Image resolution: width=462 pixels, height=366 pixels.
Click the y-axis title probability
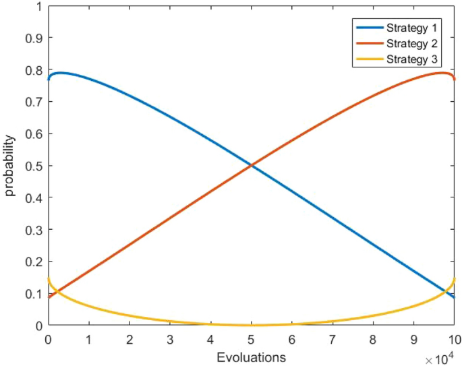9,166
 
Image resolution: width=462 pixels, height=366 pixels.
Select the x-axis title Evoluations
251,357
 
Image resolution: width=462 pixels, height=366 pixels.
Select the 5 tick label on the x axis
251,338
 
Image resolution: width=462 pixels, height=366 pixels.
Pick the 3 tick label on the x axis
169,338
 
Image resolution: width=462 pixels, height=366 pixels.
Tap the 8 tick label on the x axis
373,338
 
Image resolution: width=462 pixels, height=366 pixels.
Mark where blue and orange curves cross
251,166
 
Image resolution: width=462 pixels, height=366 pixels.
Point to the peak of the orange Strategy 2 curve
442,73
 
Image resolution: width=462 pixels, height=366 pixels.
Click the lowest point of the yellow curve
251,325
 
